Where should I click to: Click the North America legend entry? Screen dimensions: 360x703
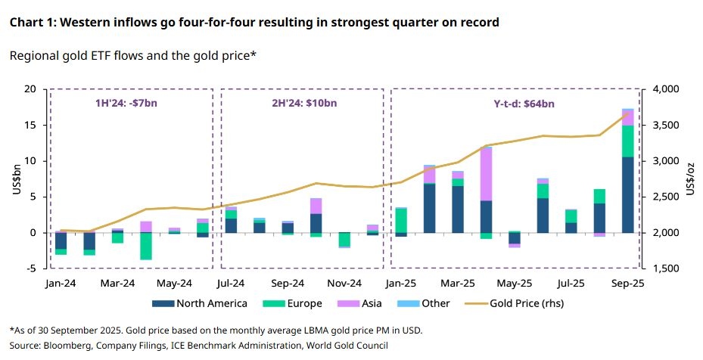point(211,303)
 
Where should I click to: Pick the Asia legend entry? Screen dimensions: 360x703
point(373,303)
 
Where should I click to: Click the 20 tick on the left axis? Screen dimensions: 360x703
point(30,89)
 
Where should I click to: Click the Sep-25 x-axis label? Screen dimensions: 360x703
point(627,284)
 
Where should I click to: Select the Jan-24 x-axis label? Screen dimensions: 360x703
point(61,284)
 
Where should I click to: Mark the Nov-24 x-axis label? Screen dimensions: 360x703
point(344,284)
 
